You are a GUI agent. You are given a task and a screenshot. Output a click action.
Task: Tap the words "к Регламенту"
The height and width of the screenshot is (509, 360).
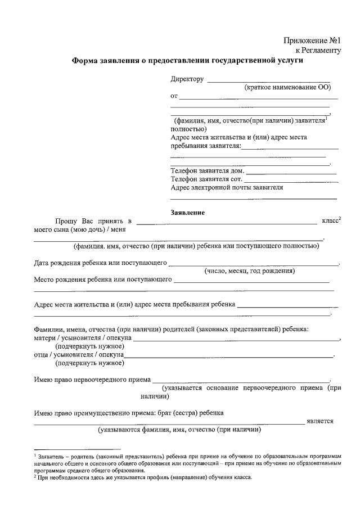click(318, 51)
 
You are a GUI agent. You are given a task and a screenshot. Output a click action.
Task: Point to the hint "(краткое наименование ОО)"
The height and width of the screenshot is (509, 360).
click(287, 88)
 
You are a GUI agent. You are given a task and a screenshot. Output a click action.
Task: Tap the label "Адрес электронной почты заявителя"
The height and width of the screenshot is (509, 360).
click(226, 187)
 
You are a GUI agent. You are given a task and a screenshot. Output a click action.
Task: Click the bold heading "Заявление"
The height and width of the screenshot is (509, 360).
click(187, 213)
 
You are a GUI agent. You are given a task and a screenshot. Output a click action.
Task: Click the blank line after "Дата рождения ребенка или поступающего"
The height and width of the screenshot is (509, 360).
click(253, 264)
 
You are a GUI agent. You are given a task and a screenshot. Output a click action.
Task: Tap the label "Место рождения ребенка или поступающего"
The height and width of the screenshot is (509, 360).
click(103, 279)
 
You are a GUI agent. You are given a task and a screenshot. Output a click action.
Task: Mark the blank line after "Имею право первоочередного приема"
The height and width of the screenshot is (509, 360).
click(241, 381)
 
